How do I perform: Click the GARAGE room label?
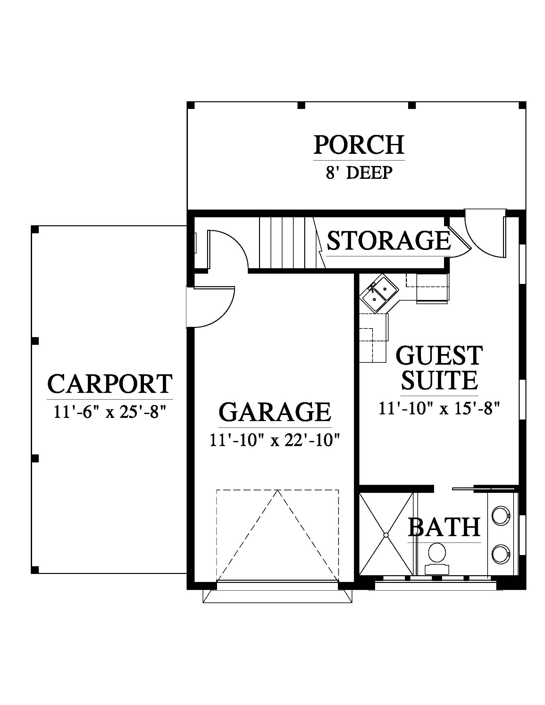click(x=275, y=412)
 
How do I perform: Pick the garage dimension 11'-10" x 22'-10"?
click(x=275, y=440)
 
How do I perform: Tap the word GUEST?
click(x=439, y=355)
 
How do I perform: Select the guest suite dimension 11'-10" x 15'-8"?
click(x=439, y=408)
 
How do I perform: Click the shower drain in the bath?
click(x=386, y=535)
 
